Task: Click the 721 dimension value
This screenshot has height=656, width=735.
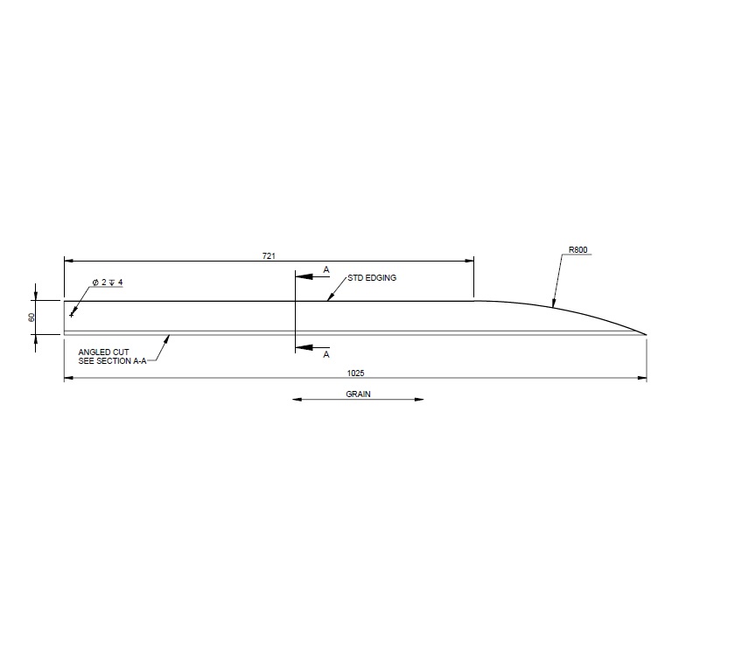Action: click(x=269, y=255)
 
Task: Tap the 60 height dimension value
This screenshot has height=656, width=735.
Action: click(x=31, y=317)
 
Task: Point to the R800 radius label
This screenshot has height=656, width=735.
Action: click(x=577, y=250)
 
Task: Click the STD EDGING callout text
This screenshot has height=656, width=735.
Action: click(x=372, y=277)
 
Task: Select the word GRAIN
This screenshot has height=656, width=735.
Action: click(x=358, y=394)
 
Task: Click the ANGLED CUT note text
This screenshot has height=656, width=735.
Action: click(x=104, y=352)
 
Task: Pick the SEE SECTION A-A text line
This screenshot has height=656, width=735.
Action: click(x=112, y=360)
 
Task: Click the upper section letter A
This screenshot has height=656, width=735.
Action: click(x=326, y=270)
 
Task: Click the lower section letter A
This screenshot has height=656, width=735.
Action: click(x=326, y=355)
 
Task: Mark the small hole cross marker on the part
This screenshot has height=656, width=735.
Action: click(x=72, y=314)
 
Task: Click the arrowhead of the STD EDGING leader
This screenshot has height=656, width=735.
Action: click(x=328, y=299)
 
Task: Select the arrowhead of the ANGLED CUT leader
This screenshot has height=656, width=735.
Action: click(x=171, y=335)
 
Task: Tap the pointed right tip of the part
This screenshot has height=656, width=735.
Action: click(x=646, y=334)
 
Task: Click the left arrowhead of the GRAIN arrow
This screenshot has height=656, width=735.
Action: click(x=296, y=400)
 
